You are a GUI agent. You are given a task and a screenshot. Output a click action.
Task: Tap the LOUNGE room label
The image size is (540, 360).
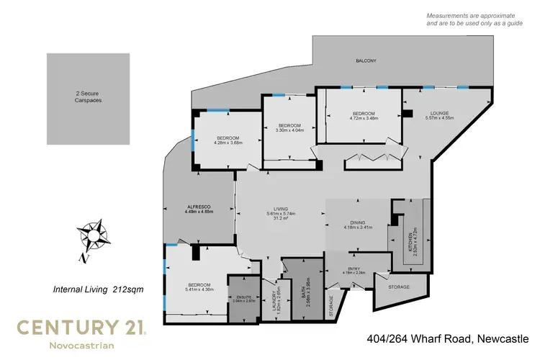point(439,113)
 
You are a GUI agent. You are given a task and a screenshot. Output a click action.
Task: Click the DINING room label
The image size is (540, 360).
point(357,223)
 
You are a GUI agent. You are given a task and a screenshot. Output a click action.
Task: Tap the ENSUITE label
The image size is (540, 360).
point(246,297)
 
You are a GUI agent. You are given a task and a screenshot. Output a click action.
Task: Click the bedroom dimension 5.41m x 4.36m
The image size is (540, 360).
point(199,290)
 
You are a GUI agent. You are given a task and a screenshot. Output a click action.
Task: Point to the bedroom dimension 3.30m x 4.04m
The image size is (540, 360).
point(289,130)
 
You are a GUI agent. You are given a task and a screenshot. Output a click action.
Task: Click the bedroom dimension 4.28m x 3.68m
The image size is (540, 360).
point(228,142)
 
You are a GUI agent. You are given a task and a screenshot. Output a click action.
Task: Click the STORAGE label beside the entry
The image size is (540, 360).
point(398,287)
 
